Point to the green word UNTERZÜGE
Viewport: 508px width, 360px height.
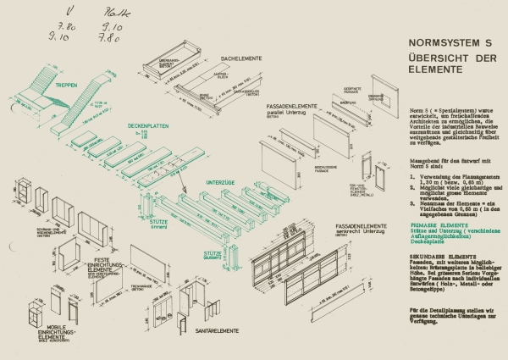coord(222,181)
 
